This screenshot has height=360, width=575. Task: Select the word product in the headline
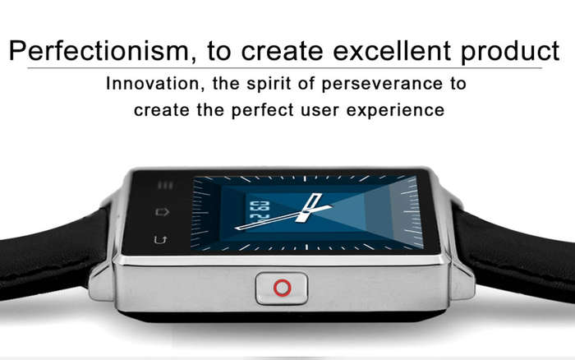coord(510,52)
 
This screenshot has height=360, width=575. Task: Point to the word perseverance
coord(383,84)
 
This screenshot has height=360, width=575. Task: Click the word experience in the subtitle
coord(395,110)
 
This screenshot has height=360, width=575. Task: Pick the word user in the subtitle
coord(320,111)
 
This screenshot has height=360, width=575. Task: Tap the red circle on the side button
coord(282,288)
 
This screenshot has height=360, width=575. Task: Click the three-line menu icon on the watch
coord(165,185)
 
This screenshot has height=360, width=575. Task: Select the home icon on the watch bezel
coord(163,212)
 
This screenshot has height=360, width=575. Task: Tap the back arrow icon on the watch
coord(161,240)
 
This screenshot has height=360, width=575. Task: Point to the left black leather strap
coord(51,253)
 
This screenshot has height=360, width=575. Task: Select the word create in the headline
coord(282,51)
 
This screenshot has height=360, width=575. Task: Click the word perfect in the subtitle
coord(263,110)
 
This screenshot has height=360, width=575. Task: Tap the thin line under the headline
coord(284,68)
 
